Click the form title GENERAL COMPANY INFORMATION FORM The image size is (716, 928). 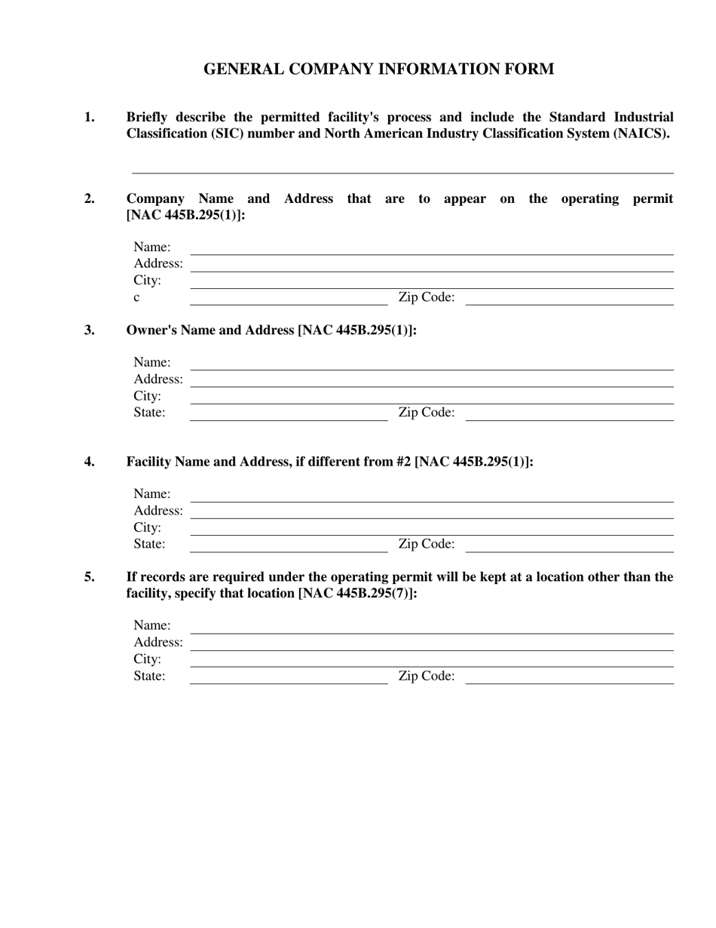point(378,69)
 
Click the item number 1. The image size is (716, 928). point(90,117)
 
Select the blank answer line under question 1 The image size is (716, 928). point(402,172)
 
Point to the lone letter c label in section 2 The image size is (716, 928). point(136,297)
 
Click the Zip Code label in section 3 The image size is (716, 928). point(426,412)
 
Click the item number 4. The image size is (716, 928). point(90,462)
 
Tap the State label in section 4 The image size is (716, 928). point(149,544)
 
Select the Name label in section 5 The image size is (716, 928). point(151,625)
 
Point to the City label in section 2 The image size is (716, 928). point(147,281)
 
